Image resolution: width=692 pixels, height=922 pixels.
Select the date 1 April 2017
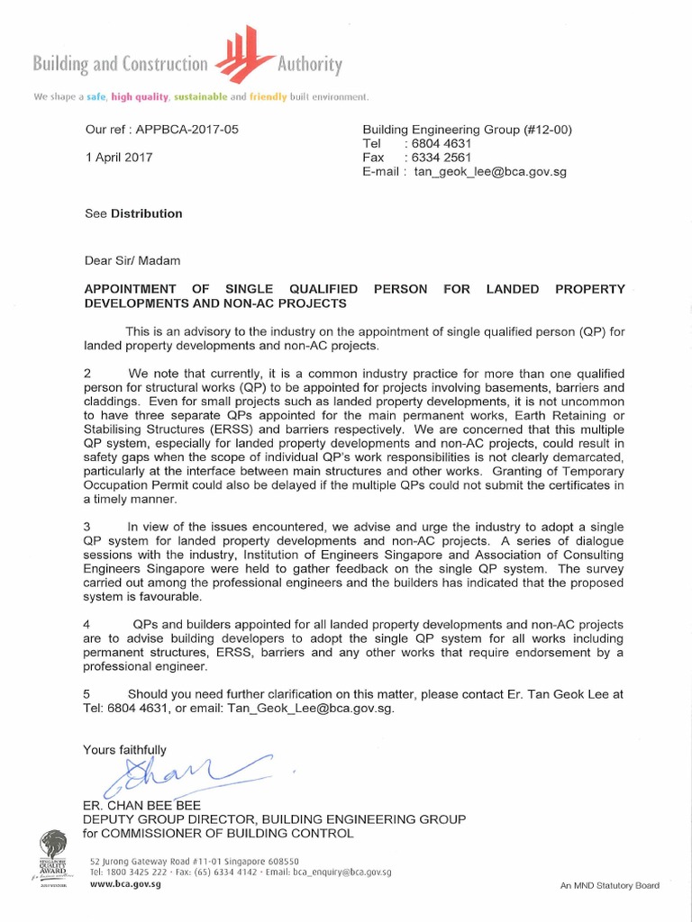pyautogui.click(x=119, y=157)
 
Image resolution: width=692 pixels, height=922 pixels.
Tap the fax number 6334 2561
pyautogui.click(x=445, y=158)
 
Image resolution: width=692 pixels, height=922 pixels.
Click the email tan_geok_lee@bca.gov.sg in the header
pyautogui.click(x=490, y=172)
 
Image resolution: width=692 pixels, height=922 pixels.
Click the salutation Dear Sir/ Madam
pyautogui.click(x=132, y=260)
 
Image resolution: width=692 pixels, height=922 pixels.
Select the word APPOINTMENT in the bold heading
pyautogui.click(x=132, y=289)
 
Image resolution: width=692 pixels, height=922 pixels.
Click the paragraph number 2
pyautogui.click(x=87, y=373)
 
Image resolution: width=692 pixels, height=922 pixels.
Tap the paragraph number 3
pyautogui.click(x=87, y=527)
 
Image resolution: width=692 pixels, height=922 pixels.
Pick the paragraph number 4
pyautogui.click(x=87, y=624)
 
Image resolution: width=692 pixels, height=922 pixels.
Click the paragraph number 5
pyautogui.click(x=87, y=693)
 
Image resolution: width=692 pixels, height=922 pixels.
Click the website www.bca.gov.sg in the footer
pyautogui.click(x=125, y=885)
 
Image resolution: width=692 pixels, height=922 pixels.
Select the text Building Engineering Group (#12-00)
pyautogui.click(x=467, y=130)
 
